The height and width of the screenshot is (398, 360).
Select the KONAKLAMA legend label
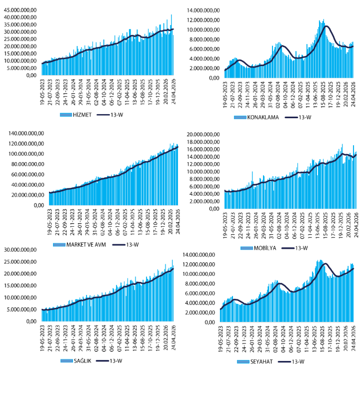[x=264, y=118]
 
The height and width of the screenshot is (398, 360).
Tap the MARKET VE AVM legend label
[x=80, y=245]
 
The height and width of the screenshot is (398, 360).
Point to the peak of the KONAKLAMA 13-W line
[x=326, y=26]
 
